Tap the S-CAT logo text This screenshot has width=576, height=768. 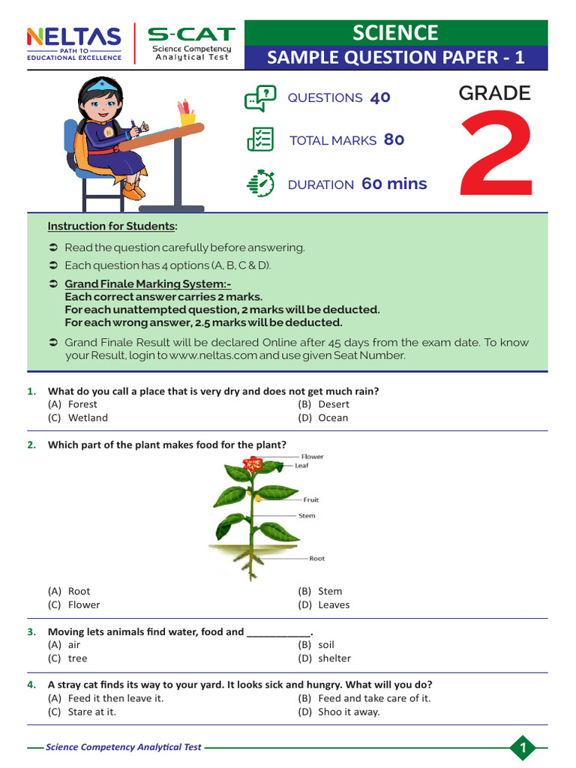[x=191, y=34]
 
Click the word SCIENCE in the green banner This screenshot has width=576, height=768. [x=395, y=32]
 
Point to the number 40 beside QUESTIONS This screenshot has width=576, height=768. [x=379, y=97]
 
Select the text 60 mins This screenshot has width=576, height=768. [x=394, y=184]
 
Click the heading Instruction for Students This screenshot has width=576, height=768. [x=112, y=226]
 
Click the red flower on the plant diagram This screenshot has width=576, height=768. [x=253, y=464]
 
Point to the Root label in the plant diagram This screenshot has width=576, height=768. [x=317, y=559]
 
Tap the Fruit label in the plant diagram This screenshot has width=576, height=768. [x=310, y=499]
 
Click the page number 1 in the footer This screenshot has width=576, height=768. [x=523, y=747]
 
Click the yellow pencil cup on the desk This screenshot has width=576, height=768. [x=187, y=118]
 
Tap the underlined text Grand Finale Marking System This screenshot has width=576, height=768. [x=148, y=284]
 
